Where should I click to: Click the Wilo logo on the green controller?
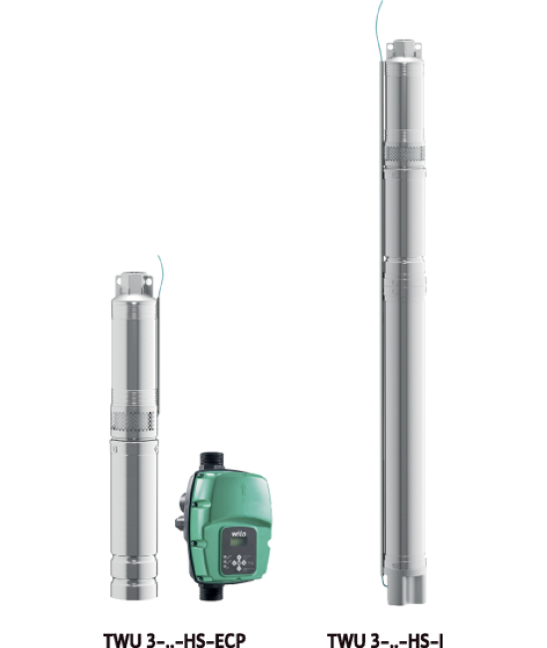tap(239, 534)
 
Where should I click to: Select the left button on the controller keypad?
tap(234, 562)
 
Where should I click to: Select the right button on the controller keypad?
tap(244, 562)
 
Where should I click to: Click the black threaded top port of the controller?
tap(212, 461)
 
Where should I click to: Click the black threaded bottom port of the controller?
tap(211, 591)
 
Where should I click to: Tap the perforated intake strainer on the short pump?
tap(133, 421)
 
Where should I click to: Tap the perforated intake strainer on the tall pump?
tap(405, 153)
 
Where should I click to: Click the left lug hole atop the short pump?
tap(118, 280)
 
